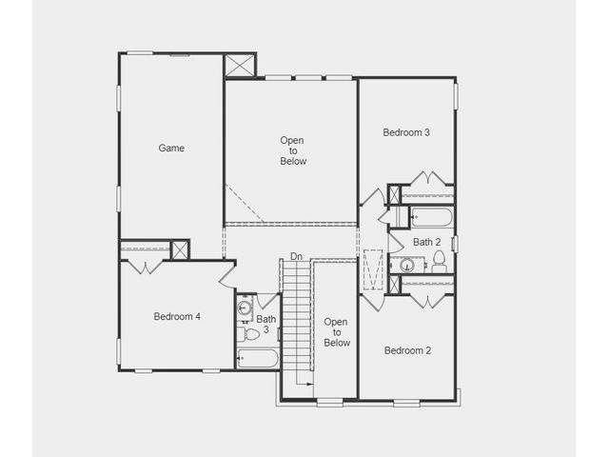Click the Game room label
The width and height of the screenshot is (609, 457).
[x=171, y=149]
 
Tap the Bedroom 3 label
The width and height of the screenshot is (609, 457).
[x=406, y=132]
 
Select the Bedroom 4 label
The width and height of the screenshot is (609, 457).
[x=177, y=317]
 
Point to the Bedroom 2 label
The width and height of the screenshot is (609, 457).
[x=407, y=350]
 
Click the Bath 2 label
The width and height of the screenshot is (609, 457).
[x=427, y=242]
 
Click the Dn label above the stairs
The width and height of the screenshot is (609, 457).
[x=296, y=256]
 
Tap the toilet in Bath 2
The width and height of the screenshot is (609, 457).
[x=440, y=262]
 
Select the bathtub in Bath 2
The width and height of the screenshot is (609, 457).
[x=431, y=217]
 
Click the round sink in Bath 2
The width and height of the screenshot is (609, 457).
[x=407, y=266]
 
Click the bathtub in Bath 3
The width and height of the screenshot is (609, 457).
[x=258, y=358]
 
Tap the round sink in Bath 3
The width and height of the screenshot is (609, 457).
[x=245, y=308]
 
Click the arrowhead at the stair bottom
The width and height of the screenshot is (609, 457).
[x=309, y=384]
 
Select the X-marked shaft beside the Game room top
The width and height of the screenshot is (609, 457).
[x=240, y=66]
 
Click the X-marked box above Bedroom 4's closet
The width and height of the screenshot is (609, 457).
[x=180, y=249]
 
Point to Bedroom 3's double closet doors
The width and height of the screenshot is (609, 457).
[x=427, y=178]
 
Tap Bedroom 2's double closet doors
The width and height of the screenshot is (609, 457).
[x=427, y=302]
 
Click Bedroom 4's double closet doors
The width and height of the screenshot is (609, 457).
[x=146, y=268]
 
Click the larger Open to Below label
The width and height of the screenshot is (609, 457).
[x=292, y=150]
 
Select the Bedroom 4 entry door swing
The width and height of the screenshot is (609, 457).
[x=227, y=277]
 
